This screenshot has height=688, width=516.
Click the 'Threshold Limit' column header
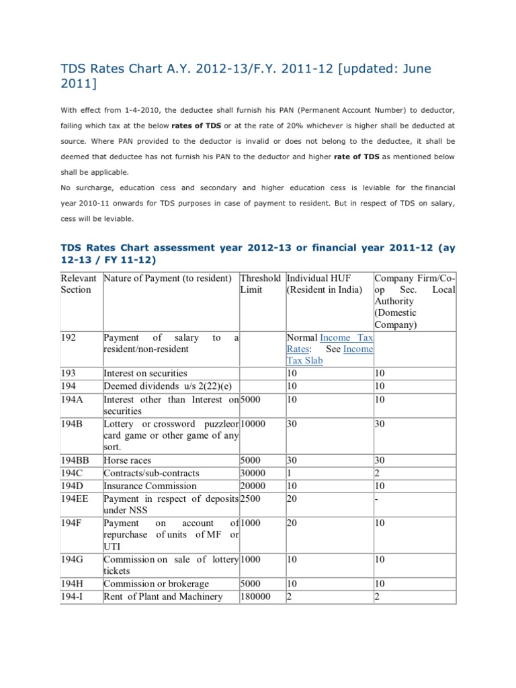coord(261,284)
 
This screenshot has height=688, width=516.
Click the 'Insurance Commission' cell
coord(150,486)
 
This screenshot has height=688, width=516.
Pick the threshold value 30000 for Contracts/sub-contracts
coord(255,474)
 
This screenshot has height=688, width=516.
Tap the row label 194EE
coord(76,498)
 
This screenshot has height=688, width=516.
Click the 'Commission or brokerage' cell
coord(156,584)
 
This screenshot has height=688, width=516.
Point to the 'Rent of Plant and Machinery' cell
coord(163,597)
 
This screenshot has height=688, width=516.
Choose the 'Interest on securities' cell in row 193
coord(145,373)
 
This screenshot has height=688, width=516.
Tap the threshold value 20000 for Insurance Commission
coord(255,486)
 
